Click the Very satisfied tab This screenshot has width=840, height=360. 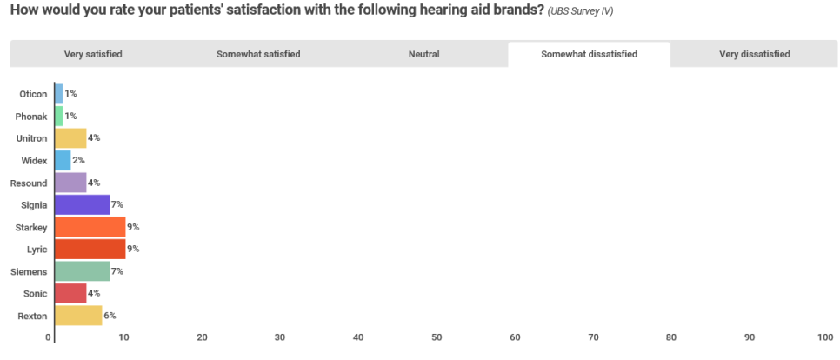[93, 54]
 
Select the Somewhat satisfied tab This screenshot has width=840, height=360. [258, 54]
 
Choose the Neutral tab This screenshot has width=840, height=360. [423, 54]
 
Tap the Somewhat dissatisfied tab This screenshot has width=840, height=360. [589, 54]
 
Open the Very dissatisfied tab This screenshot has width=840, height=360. [754, 54]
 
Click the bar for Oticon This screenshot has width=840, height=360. [59, 94]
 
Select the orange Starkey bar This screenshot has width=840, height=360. [90, 227]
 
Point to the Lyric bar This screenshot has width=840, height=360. [90, 249]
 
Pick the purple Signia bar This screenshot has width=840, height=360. [83, 204]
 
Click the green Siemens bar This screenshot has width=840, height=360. [83, 271]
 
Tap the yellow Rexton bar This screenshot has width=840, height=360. [79, 316]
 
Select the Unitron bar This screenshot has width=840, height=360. [70, 138]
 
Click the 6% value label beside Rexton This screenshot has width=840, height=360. [110, 316]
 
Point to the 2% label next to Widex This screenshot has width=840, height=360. [79, 160]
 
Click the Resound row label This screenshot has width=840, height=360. [29, 183]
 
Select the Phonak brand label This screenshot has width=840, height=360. [31, 117]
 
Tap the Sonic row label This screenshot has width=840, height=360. [36, 294]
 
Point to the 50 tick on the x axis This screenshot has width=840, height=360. [437, 337]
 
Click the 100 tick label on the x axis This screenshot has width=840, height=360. [825, 337]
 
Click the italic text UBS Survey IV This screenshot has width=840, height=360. [580, 11]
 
